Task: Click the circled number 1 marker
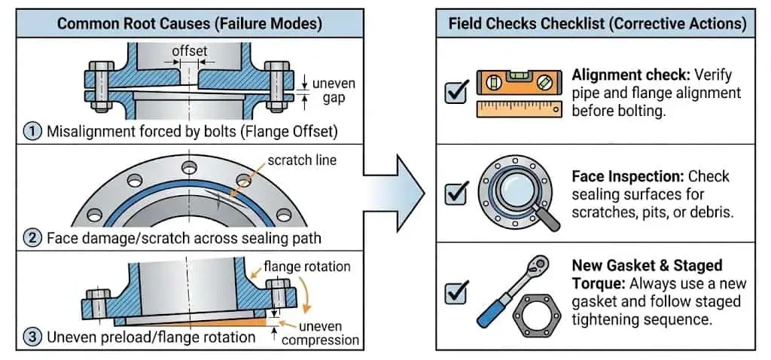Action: (x=33, y=131)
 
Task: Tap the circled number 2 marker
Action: (x=33, y=239)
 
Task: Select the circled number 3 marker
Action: (x=33, y=337)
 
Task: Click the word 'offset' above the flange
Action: (x=189, y=50)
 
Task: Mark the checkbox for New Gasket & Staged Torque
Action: (x=456, y=292)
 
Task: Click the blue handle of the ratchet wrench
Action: (x=489, y=316)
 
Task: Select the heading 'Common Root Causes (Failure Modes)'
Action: (x=189, y=23)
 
